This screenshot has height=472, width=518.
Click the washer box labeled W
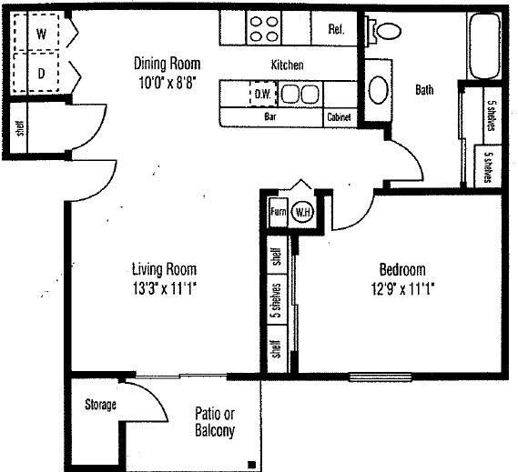click(41, 34)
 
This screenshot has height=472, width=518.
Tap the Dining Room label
click(167, 64)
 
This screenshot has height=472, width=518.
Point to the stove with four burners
click(264, 29)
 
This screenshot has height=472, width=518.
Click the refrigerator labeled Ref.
click(336, 29)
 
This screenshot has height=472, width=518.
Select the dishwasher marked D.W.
click(263, 94)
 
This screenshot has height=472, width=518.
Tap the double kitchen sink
click(299, 94)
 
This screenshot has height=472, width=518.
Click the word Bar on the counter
click(269, 117)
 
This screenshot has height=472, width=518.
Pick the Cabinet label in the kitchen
click(338, 117)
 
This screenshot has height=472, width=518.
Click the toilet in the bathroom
click(387, 29)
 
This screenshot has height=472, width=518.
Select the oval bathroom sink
click(378, 91)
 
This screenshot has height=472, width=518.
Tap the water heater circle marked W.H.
click(301, 214)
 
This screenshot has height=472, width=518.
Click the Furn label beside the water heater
click(278, 214)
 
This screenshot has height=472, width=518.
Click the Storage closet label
click(99, 404)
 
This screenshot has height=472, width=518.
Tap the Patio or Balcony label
click(215, 423)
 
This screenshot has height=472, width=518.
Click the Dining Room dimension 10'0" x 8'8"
click(167, 80)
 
